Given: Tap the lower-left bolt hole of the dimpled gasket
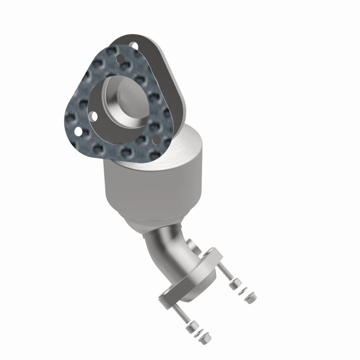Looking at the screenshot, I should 78,131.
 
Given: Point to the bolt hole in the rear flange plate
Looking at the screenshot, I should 134,45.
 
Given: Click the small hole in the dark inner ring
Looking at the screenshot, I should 94,116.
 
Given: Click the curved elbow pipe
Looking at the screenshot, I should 172,250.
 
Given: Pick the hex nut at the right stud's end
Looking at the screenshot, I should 249,299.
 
